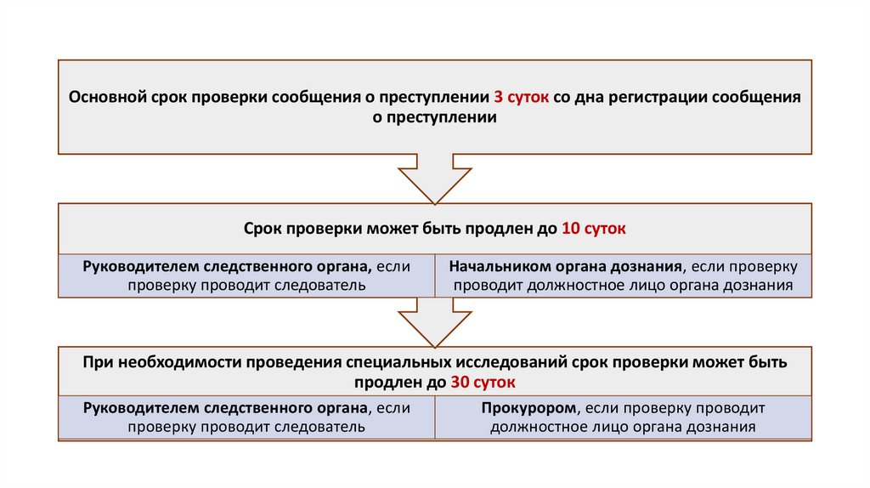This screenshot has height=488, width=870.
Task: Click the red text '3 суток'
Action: (522, 97)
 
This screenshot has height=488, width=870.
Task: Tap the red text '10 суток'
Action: (594, 229)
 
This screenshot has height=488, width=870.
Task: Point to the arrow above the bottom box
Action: (434, 321)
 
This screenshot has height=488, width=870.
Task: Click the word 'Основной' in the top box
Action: (108, 97)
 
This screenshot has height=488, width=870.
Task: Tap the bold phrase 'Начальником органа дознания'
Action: (566, 266)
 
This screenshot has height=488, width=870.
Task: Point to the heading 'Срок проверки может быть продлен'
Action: (399, 229)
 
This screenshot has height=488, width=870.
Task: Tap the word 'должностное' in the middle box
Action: (572, 286)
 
